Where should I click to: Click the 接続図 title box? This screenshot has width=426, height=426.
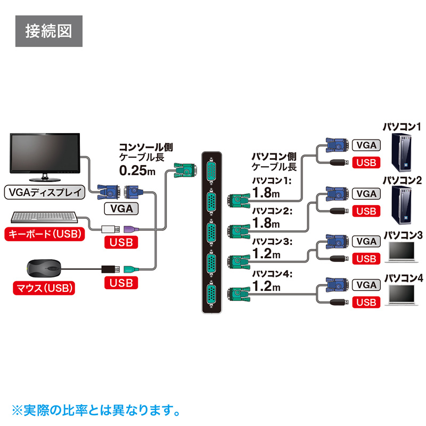(x=48, y=30)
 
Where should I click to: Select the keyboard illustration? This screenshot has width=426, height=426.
(x=46, y=218)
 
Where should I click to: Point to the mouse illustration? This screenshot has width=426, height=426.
(x=44, y=267)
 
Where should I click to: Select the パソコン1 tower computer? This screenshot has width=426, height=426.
(x=402, y=152)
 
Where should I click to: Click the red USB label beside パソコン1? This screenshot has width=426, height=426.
(x=366, y=163)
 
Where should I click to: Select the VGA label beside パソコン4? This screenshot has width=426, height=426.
(x=366, y=285)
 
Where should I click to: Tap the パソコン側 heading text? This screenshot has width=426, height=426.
(x=273, y=157)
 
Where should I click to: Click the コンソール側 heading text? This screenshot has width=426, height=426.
(x=145, y=146)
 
